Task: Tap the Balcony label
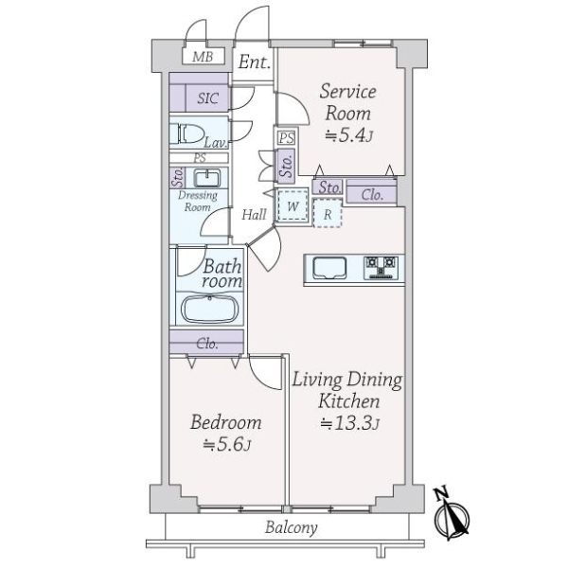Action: click(x=291, y=528)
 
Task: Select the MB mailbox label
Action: click(x=202, y=57)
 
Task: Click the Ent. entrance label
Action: click(x=254, y=63)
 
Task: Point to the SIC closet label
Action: click(x=206, y=98)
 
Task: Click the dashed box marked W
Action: click(x=293, y=205)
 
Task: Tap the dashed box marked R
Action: click(x=327, y=213)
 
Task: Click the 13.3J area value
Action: click(x=349, y=423)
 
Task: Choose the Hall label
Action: click(x=254, y=215)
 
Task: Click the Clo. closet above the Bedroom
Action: click(x=207, y=344)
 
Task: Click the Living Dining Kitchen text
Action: click(x=346, y=390)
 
